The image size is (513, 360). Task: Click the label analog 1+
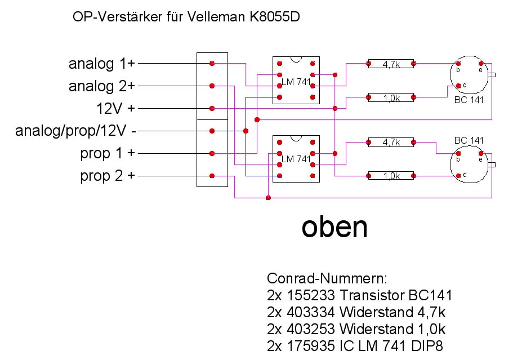point(101,64)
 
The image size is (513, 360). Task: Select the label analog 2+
point(101,86)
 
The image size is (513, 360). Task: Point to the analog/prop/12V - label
point(75,131)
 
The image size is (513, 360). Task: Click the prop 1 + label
point(107,153)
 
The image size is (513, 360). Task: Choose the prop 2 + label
point(108,176)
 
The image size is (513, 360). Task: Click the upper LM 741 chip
point(296,80)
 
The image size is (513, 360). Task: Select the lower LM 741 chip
point(296,158)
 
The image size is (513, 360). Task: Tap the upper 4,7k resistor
point(390,64)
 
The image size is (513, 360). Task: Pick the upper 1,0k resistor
point(390,97)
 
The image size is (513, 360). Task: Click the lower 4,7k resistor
point(390,143)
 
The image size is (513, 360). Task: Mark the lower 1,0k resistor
point(390,176)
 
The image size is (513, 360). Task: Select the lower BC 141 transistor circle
point(469,164)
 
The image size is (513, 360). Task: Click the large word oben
point(334,226)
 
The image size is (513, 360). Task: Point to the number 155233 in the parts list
point(314,295)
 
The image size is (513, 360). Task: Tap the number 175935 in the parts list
point(314,345)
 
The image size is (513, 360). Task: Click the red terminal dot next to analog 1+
point(212,64)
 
